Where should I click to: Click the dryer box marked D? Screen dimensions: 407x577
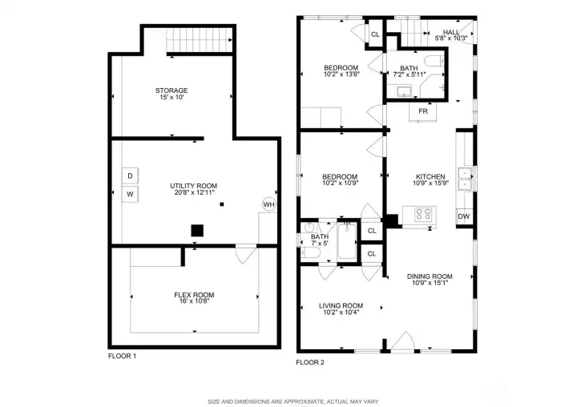tap(130, 175)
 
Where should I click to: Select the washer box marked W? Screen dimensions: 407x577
tap(130, 194)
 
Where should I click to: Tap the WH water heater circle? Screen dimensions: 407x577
tap(268, 205)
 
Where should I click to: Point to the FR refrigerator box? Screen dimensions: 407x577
tap(422, 111)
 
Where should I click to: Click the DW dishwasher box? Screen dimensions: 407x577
tap(463, 216)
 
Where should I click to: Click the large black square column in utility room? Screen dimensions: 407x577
tap(197, 231)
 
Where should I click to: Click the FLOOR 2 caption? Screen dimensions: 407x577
tap(310, 362)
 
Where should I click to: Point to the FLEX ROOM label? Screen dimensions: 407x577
tap(194, 295)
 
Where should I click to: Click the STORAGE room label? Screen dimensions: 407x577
tap(171, 91)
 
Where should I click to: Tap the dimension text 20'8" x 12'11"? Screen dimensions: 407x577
tap(194, 192)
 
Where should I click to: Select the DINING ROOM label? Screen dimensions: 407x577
tap(430, 276)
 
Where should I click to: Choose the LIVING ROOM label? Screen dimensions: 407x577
tap(341, 305)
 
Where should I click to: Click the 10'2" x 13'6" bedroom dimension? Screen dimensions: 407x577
tap(341, 74)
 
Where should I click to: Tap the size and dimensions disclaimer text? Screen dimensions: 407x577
tap(293, 401)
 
